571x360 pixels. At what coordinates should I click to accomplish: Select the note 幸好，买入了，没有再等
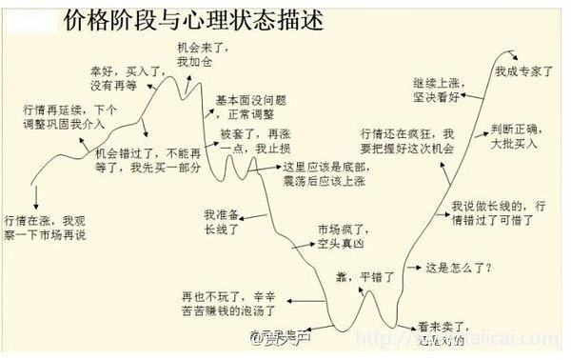[x=113, y=77]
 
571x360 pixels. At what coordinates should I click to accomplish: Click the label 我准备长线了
[x=222, y=222]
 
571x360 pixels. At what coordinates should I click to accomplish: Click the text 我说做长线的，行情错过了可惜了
[x=498, y=212]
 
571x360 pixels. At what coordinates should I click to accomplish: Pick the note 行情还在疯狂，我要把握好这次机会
[x=407, y=141]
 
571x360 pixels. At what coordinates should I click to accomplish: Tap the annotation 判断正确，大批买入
[x=516, y=136]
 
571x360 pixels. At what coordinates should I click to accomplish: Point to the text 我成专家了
[x=524, y=70]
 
